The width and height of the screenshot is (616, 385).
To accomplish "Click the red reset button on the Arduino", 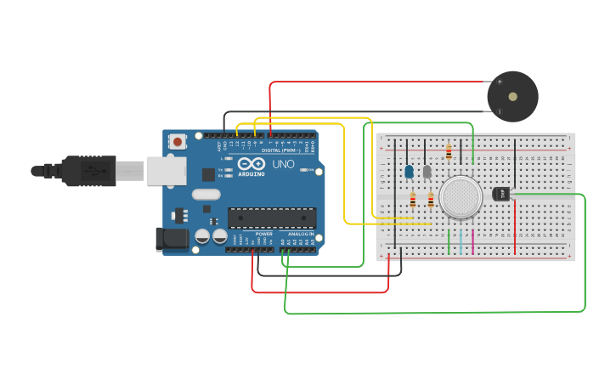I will (x=177, y=142).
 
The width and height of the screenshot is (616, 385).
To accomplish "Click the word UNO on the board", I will (x=283, y=163).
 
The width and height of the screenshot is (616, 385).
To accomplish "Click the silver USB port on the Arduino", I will (x=166, y=171).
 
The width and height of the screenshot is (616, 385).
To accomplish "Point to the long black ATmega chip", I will (x=271, y=218).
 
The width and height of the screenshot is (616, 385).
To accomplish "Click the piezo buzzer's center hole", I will (x=512, y=97).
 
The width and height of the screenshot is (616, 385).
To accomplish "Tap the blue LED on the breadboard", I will (x=409, y=172).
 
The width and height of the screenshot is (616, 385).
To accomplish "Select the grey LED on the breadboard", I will (x=427, y=172).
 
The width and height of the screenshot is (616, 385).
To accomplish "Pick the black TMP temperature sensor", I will (x=501, y=194).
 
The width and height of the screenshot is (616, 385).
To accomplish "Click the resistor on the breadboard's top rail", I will (x=449, y=153).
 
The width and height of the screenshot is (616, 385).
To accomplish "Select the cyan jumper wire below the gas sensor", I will (x=461, y=241).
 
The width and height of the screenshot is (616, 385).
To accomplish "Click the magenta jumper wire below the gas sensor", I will (x=472, y=241).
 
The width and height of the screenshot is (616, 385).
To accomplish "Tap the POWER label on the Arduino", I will (x=264, y=234).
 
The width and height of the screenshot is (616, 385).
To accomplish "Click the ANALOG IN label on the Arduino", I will (x=299, y=234).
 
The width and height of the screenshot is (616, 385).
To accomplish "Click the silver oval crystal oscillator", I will (x=206, y=194).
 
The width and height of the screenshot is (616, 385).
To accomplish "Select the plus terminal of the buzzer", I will (x=500, y=82).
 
